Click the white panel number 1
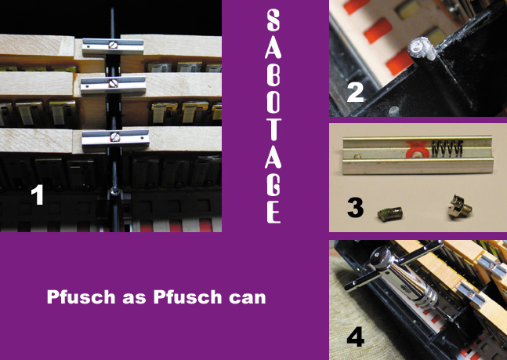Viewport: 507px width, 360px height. pos(37,195)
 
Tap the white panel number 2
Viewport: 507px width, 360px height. pos(355,93)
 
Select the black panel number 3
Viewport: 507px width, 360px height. pos(355,208)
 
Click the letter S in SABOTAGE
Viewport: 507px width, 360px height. pos(273,20)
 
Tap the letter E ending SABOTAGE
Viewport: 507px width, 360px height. pos(273,213)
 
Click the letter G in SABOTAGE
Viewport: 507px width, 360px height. pos(273,185)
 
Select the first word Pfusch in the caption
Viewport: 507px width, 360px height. pos(81,296)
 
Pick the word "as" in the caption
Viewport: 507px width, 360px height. pos(134,298)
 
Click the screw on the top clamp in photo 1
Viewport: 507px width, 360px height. pos(112,45)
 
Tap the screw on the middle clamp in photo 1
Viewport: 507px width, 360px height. pos(113,83)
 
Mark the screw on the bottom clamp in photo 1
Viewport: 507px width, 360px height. pos(115,137)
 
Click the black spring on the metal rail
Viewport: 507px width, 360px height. pos(447,148)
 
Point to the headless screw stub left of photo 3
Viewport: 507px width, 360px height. pos(390,215)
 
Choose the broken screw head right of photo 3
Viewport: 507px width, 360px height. pos(459,206)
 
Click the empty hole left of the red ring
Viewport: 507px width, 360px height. pos(357,157)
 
